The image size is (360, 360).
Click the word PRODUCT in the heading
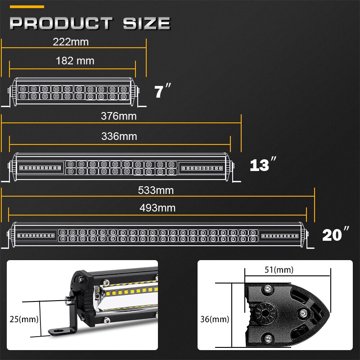point(61,23)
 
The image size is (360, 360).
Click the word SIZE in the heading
point(145,23)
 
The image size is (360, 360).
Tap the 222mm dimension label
point(71,42)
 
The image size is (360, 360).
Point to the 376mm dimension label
point(119,117)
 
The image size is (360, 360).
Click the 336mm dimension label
point(119,136)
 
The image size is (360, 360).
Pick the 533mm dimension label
point(156,190)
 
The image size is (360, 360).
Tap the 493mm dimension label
point(157,208)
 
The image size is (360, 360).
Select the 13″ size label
point(262,165)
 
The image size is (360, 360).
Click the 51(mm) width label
point(279,270)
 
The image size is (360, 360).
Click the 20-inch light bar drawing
point(157,235)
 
